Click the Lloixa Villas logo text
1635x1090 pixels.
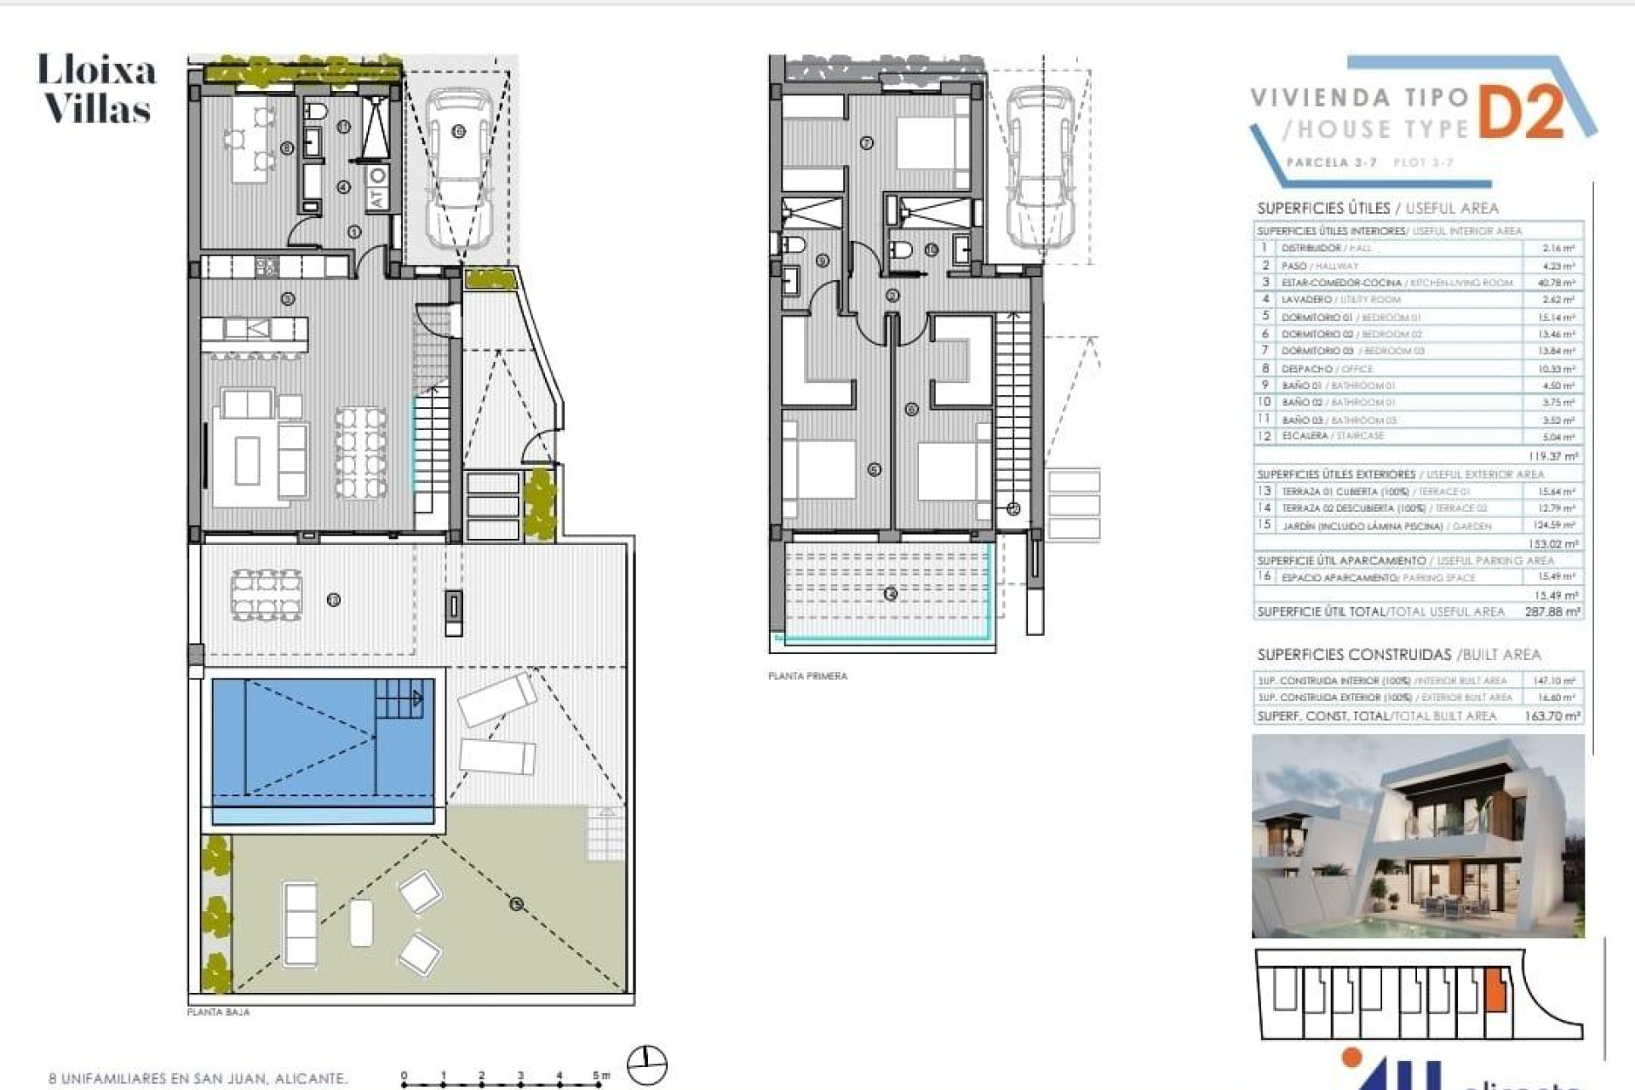coord(97,89)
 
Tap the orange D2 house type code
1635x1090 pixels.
coord(1522,112)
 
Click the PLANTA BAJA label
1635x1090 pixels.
coord(218,1013)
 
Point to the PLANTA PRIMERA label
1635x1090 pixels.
coord(807,676)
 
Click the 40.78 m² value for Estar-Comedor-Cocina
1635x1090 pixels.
coord(1558,283)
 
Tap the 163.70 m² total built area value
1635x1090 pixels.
coord(1552,716)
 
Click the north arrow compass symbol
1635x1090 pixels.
coord(647,1064)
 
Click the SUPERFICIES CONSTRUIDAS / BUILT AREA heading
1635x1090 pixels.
coord(1398,655)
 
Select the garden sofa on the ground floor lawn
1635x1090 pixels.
coord(300,923)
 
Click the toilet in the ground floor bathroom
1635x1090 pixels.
coord(315,112)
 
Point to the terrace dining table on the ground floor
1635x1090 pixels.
coord(266,594)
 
